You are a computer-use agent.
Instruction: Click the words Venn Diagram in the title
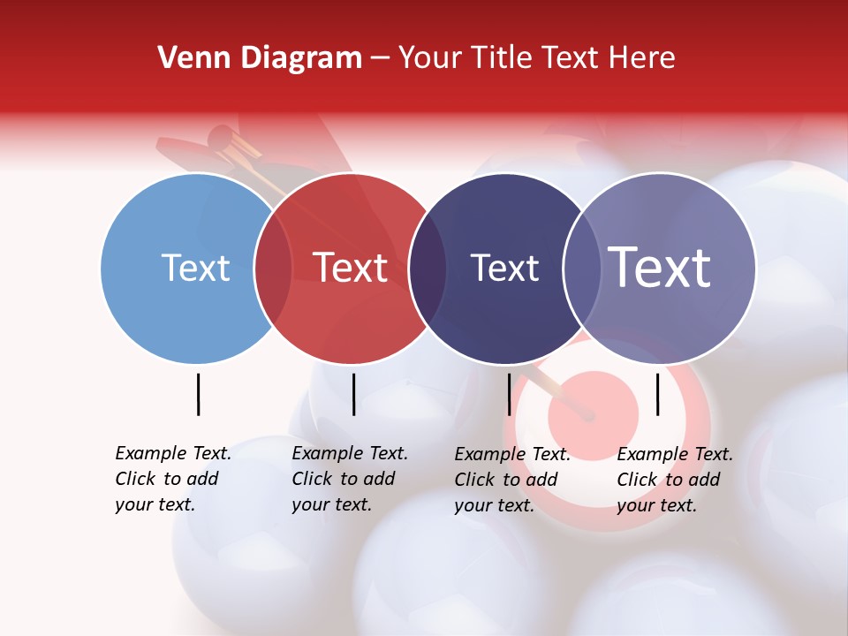pyautogui.click(x=260, y=58)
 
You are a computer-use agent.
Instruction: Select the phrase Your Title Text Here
pyautogui.click(x=536, y=58)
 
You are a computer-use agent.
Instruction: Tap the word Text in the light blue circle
pyautogui.click(x=195, y=268)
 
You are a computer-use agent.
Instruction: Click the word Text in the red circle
pyautogui.click(x=350, y=268)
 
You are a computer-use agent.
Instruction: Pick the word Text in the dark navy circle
pyautogui.click(x=504, y=268)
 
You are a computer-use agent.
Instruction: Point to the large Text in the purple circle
pyautogui.click(x=660, y=267)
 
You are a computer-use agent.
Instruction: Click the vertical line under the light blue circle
pyautogui.click(x=198, y=394)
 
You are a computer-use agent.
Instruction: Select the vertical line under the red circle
pyautogui.click(x=353, y=394)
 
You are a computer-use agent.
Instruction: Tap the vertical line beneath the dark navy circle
pyautogui.click(x=509, y=394)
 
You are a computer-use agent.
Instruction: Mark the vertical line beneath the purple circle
pyautogui.click(x=657, y=394)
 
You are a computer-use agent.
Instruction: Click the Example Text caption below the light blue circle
pyautogui.click(x=173, y=479)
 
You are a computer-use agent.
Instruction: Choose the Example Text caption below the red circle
pyautogui.click(x=350, y=479)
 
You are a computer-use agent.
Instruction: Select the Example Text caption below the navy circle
pyautogui.click(x=512, y=480)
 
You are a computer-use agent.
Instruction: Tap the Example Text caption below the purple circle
pyautogui.click(x=675, y=480)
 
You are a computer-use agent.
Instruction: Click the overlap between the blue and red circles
pyautogui.click(x=273, y=268)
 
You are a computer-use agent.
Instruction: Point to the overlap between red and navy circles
pyautogui.click(x=428, y=268)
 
